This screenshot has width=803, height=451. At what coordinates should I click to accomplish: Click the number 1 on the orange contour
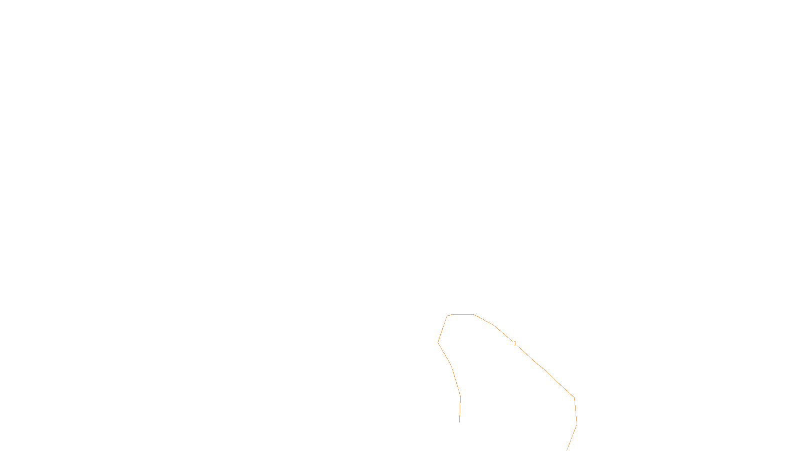coord(515,343)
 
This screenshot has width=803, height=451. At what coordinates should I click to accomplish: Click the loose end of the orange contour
coord(459,422)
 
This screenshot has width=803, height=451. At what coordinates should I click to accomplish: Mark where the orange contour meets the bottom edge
coord(567,450)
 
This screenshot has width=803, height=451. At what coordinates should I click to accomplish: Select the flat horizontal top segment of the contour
coord(462,315)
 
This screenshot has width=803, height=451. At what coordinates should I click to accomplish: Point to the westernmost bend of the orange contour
coord(438,342)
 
